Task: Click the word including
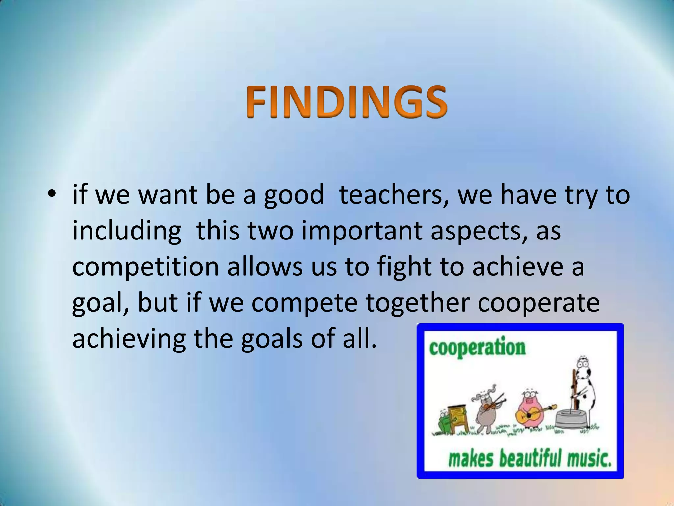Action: pos(127,231)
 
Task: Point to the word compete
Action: pos(304,303)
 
